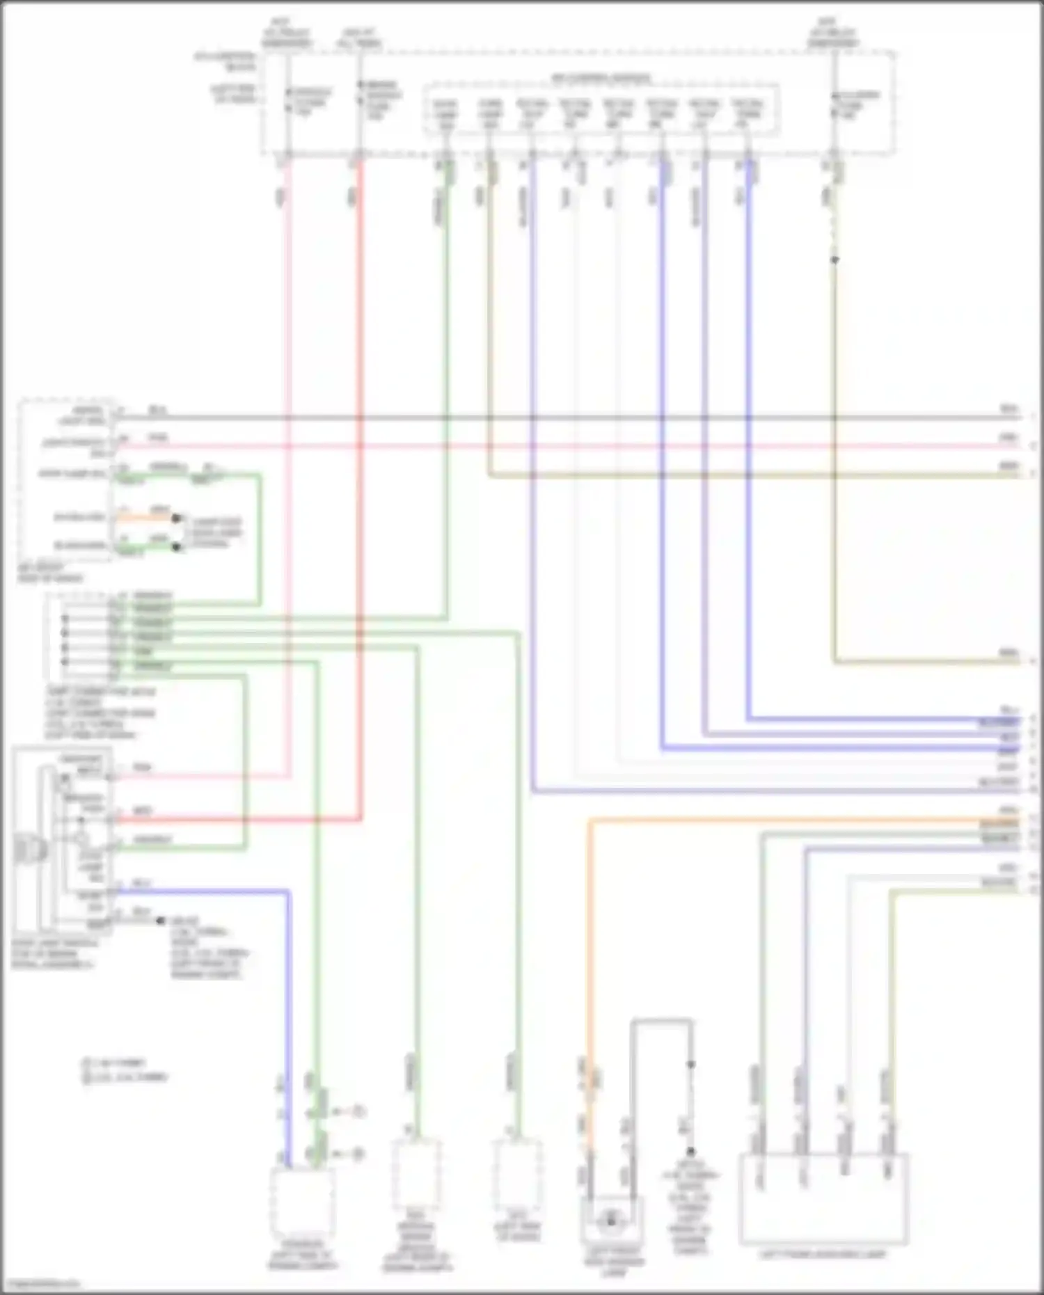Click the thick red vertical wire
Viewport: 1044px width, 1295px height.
[x=360, y=487]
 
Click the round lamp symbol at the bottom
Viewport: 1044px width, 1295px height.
[x=612, y=1220]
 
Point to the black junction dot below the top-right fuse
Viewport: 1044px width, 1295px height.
[x=835, y=260]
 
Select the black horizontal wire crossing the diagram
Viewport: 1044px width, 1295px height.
[x=557, y=418]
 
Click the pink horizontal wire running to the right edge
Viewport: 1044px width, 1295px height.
[x=557, y=446]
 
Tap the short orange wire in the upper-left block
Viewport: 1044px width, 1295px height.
[x=146, y=517]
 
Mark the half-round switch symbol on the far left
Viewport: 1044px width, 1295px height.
[x=28, y=850]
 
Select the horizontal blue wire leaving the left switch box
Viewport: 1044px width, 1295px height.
[x=202, y=891]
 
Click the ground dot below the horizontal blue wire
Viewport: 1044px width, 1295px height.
[x=160, y=921]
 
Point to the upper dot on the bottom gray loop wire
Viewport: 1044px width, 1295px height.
[x=691, y=1065]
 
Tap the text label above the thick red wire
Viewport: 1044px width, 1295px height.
[x=360, y=38]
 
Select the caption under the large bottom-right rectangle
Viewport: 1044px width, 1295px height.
[x=823, y=1255]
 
